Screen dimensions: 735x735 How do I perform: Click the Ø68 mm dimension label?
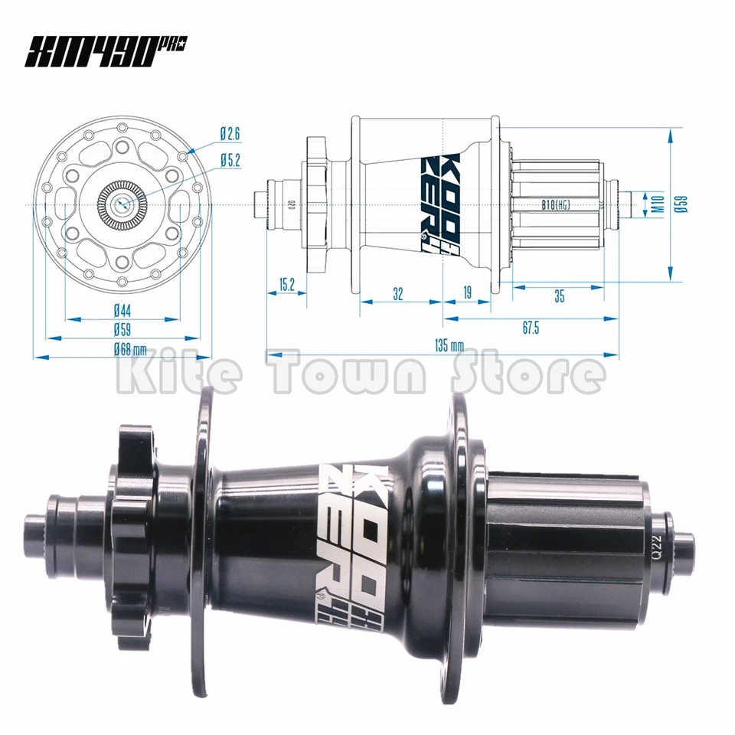pyautogui.click(x=129, y=349)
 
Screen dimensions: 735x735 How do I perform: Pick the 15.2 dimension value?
pyautogui.click(x=286, y=285)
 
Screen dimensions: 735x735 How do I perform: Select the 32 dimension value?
pyautogui.click(x=397, y=292)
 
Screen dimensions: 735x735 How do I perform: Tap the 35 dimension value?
pyautogui.click(x=559, y=296)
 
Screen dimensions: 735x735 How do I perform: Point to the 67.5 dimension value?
pyautogui.click(x=531, y=328)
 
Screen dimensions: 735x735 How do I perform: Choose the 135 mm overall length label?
pyautogui.click(x=449, y=345)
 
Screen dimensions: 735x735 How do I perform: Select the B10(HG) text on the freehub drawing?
pyautogui.click(x=556, y=204)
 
